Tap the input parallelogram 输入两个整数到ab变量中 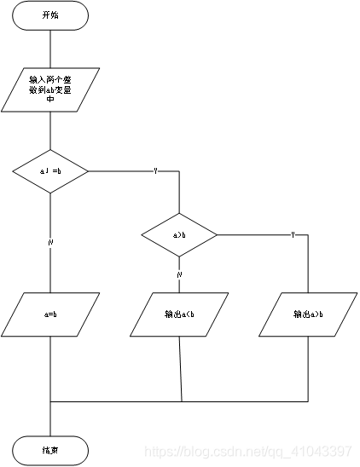point(50,89)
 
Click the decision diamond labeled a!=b point(50,170)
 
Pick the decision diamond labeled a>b point(179,234)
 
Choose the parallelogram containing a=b point(50,314)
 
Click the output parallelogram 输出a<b point(179,314)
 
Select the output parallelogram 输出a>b point(308,314)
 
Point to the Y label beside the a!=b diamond point(156,171)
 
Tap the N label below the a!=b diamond point(50,242)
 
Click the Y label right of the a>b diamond point(293,234)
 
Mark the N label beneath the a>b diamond point(179,274)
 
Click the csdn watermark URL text point(247,450)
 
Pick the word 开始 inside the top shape point(50,14)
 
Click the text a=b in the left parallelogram point(50,314)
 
